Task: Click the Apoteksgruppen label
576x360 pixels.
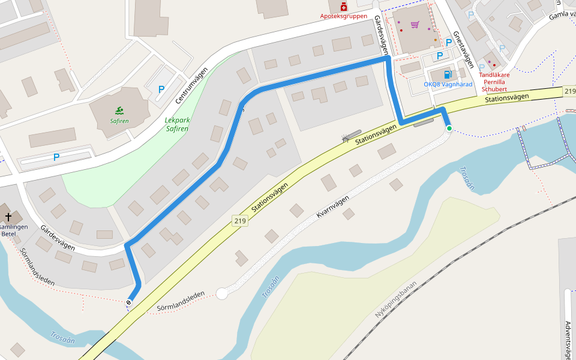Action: pos(344,16)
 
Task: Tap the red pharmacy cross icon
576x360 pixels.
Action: pos(343,7)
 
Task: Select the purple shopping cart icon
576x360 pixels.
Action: pos(415,25)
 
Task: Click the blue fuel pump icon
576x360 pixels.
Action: pos(447,74)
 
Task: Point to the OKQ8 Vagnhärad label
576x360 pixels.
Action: pos(448,84)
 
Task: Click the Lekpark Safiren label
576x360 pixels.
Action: pos(177,124)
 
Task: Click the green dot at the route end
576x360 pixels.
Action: pos(449,128)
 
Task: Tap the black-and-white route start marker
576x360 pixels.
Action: pos(128,302)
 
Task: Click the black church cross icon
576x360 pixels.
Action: pos(8,216)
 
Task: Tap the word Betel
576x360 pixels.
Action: pos(8,234)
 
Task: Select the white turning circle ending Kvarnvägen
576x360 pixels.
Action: pos(222,293)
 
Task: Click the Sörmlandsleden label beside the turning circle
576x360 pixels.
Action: pos(181,302)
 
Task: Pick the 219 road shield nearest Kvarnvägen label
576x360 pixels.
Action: pos(240,221)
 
